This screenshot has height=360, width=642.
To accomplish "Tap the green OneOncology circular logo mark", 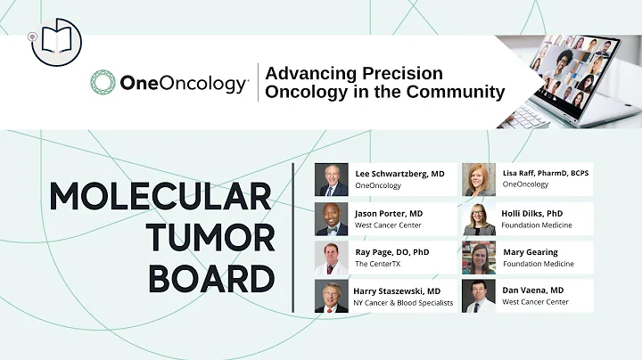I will tap(103, 84).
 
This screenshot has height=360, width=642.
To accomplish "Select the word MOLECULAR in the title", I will tap(160, 196).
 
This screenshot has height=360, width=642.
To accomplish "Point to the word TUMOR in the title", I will tap(212, 238).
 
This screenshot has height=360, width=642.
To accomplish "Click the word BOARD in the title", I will tap(210, 279).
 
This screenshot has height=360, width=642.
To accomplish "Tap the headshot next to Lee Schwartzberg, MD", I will tap(332, 179).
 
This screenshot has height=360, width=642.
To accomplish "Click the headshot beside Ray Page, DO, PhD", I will tap(332, 258).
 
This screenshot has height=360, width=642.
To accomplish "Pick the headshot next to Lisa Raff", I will tap(479, 179).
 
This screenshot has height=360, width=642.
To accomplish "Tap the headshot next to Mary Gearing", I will tap(479, 258).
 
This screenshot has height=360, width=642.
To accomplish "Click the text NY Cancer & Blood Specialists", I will tap(404, 303).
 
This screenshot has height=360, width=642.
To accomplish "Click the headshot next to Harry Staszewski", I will tap(332, 296).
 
